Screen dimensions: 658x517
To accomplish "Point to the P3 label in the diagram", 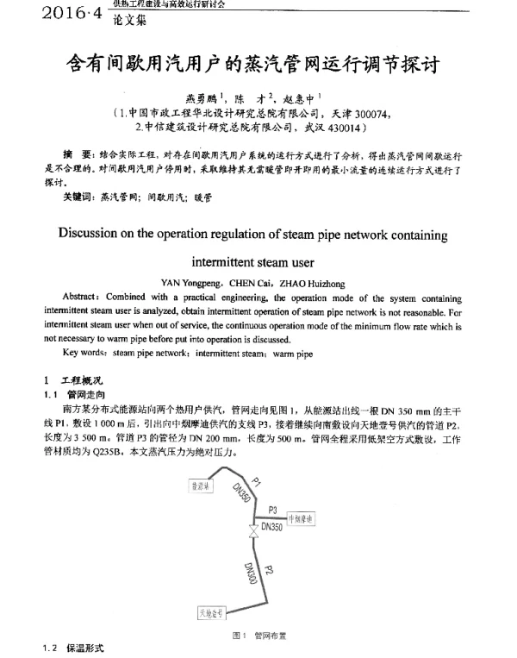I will point(273,509).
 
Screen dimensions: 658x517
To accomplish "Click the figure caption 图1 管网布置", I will point(259,636).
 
